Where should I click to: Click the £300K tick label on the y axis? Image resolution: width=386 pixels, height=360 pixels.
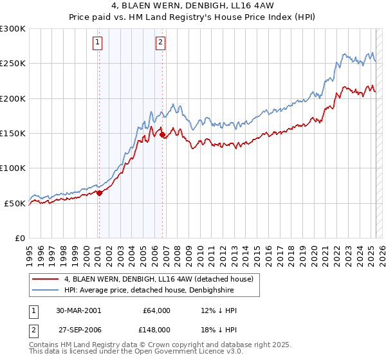(x=13, y=29)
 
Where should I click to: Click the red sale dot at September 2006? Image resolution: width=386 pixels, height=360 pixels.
(x=163, y=135)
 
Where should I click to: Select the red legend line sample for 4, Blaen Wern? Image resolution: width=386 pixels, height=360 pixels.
(x=45, y=279)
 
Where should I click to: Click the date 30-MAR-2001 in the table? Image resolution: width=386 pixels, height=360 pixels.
(x=78, y=310)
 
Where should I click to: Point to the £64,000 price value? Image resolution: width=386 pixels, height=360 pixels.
(x=156, y=310)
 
